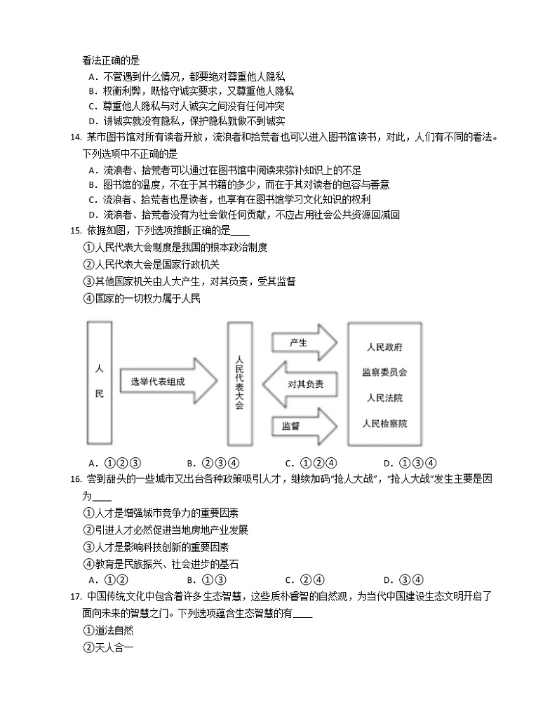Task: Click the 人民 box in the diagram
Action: tap(99, 382)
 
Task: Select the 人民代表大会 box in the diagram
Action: tap(240, 382)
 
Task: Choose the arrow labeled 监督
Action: tap(303, 425)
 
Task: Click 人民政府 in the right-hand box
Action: tap(384, 347)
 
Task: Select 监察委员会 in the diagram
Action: tap(384, 372)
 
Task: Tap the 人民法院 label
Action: tap(384, 398)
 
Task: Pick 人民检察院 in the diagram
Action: tap(384, 424)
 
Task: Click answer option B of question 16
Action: tap(206, 579)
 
